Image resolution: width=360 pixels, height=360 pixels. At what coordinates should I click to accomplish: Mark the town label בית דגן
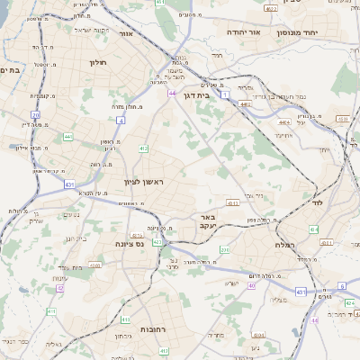(x=208, y=92)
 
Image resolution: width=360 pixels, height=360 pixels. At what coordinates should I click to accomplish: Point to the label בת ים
(x=9, y=69)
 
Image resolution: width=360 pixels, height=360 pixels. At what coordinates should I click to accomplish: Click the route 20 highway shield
(x=34, y=114)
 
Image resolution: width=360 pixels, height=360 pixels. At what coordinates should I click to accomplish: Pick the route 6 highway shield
(x=342, y=286)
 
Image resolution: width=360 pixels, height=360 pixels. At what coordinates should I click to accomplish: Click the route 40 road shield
(x=253, y=285)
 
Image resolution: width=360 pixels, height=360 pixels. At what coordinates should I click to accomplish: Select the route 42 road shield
(x=60, y=288)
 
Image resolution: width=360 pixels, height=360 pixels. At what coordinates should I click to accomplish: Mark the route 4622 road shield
(x=272, y=8)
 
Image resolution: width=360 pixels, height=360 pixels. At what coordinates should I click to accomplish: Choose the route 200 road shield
(x=225, y=249)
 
